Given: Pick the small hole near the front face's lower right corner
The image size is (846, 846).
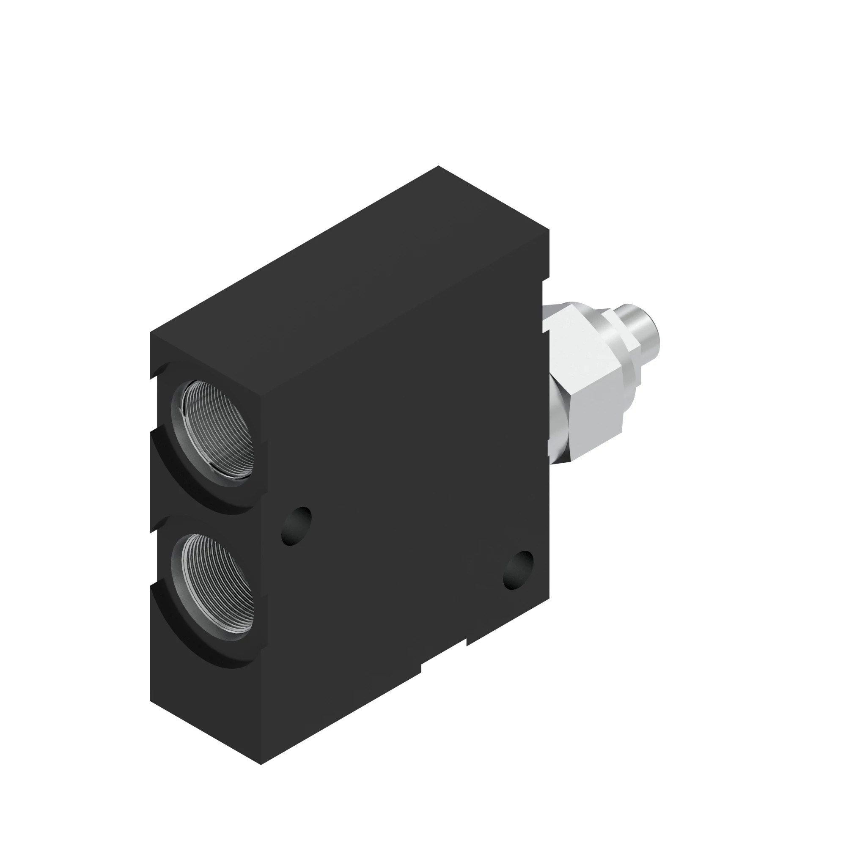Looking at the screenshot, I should tap(519, 569).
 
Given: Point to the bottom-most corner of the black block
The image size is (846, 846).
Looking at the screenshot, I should tap(261, 764).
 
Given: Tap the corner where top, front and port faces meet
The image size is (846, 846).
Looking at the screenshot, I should tap(261, 397).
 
